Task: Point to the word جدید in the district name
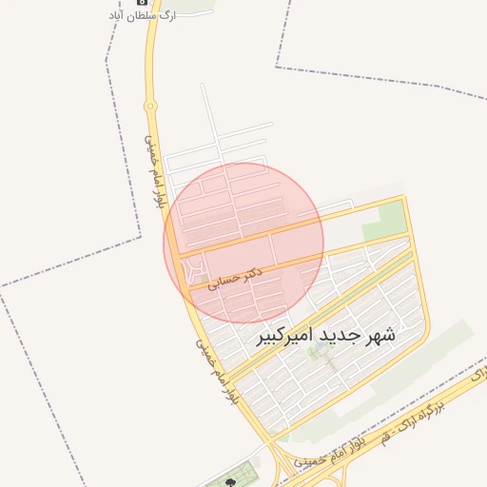[x=336, y=335]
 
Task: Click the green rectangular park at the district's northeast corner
[x=385, y=221]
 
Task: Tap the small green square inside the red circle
[x=205, y=278]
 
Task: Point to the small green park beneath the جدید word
[x=323, y=360]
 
